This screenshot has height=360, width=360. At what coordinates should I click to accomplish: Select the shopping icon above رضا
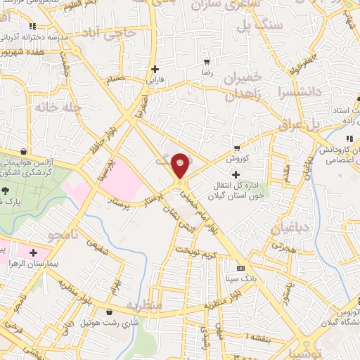pos(206,61)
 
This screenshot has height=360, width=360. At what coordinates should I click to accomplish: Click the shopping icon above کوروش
pos(237,148)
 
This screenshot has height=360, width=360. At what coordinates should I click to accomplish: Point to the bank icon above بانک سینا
pos(240,268)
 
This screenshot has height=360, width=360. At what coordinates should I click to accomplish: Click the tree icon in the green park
pos(6,190)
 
